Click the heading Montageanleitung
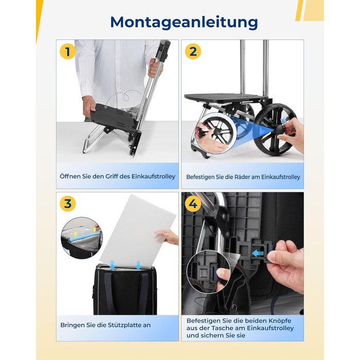tap(184, 22)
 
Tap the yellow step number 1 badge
tap(67, 51)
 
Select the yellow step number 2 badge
tap(193, 51)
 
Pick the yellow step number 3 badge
tap(67, 204)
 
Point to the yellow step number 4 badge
tap(193, 204)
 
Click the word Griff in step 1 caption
tap(112, 176)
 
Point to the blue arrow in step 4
tap(257, 254)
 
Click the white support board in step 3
tap(137, 231)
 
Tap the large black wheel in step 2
tap(275, 129)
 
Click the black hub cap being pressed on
tap(280, 130)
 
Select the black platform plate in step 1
tap(113, 118)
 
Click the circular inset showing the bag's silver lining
tap(81, 238)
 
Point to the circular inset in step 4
tap(208, 272)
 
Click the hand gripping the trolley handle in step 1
tap(155, 68)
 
